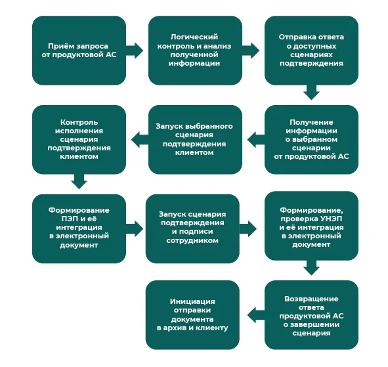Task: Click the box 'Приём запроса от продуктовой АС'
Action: (x=79, y=51)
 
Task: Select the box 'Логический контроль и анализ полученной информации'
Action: (x=195, y=51)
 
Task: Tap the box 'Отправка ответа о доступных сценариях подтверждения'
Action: (x=311, y=51)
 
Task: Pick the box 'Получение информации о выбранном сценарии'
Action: (x=311, y=140)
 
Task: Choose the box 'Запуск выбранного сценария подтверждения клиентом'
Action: (x=195, y=140)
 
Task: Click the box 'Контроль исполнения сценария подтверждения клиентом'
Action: (x=79, y=140)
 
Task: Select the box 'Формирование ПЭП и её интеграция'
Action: (x=79, y=228)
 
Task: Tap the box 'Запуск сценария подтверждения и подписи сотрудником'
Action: (x=192, y=228)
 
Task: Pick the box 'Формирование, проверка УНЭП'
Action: (x=311, y=226)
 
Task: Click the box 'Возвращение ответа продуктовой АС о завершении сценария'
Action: (x=311, y=314)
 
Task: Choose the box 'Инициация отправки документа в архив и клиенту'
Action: (x=192, y=314)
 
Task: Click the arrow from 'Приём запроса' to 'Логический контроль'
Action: (x=135, y=51)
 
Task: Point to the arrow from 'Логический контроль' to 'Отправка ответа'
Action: (x=251, y=51)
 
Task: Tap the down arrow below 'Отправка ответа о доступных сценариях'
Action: (x=311, y=93)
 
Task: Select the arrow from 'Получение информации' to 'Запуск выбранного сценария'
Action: (x=256, y=140)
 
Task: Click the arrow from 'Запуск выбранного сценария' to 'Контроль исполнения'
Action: (x=140, y=140)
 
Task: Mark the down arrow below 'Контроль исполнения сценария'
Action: (x=79, y=182)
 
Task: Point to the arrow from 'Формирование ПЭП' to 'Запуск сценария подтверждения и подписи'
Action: (x=135, y=228)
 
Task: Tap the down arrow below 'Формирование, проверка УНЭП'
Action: (x=311, y=268)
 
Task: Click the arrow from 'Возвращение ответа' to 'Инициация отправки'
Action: (x=256, y=314)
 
